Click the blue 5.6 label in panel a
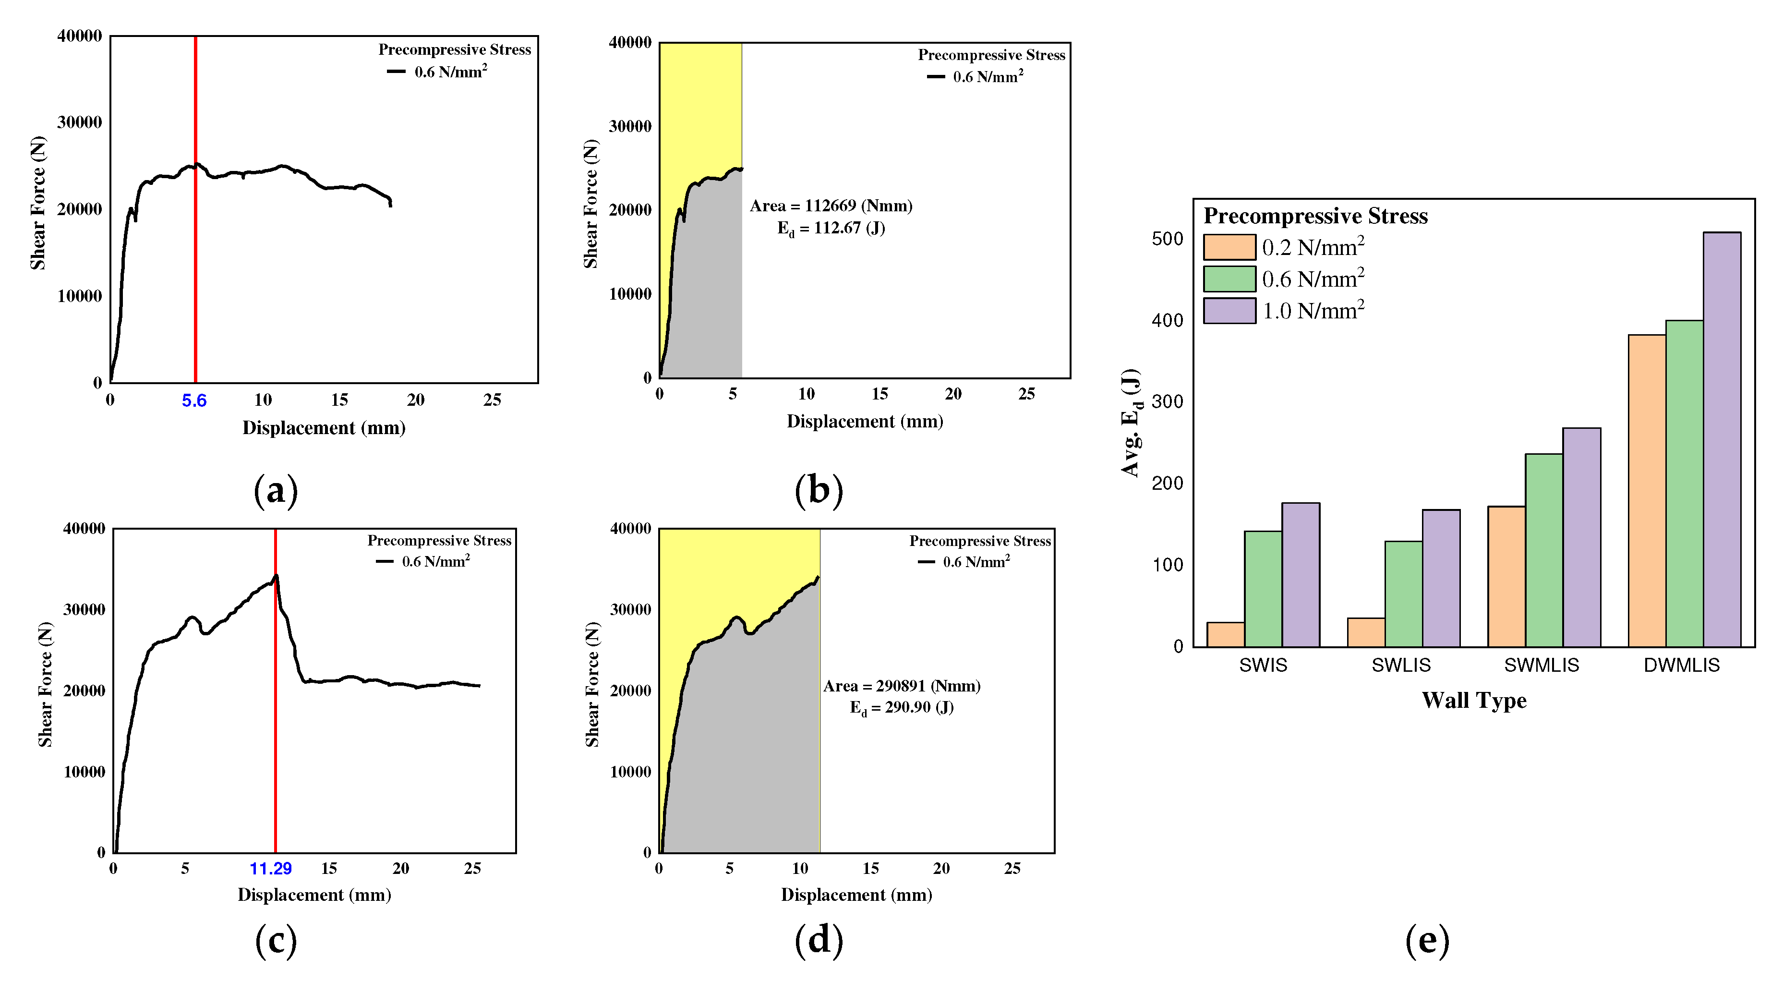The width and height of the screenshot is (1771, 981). pyautogui.click(x=194, y=401)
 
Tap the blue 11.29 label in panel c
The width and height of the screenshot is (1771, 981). pyautogui.click(x=270, y=868)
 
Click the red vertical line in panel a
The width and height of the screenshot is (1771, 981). pyautogui.click(x=195, y=275)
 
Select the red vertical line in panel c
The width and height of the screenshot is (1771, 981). pyautogui.click(x=275, y=756)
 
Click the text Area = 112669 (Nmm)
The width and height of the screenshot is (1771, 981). pyautogui.click(x=831, y=206)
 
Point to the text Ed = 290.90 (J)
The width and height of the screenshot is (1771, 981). pyautogui.click(x=901, y=707)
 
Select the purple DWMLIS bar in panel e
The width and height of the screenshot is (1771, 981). pyautogui.click(x=1722, y=440)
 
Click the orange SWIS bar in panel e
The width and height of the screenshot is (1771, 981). pyautogui.click(x=1225, y=634)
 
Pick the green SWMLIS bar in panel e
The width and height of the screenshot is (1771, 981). pyautogui.click(x=1543, y=550)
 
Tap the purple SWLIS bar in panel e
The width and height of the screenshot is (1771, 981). pyautogui.click(x=1441, y=578)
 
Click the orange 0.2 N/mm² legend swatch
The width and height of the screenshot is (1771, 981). pyautogui.click(x=1229, y=247)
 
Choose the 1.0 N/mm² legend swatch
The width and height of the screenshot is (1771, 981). pyautogui.click(x=1229, y=311)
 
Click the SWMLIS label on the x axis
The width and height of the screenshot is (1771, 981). pyautogui.click(x=1542, y=665)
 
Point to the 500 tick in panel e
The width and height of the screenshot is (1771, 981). pyautogui.click(x=1168, y=239)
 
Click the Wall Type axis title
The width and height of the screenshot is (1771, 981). pyautogui.click(x=1474, y=700)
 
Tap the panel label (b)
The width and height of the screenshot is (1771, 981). pyautogui.click(x=818, y=491)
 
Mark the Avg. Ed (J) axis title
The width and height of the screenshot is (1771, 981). pyautogui.click(x=1131, y=423)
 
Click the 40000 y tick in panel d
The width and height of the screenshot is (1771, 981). pyautogui.click(x=630, y=528)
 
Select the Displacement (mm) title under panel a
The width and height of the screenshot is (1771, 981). pyautogui.click(x=324, y=428)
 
